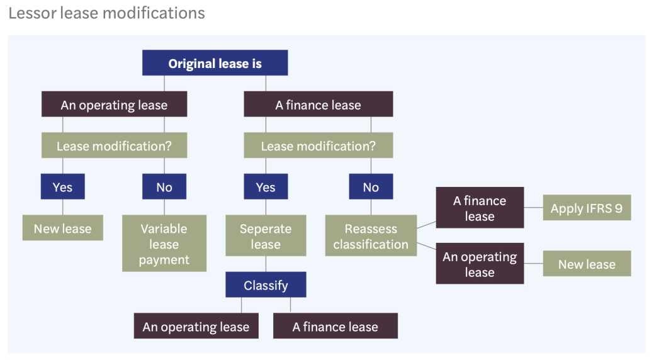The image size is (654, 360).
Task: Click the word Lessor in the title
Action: (31, 13)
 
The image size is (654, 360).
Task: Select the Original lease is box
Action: (215, 64)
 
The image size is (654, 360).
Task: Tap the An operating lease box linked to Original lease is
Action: (114, 104)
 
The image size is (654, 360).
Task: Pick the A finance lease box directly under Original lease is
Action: (318, 104)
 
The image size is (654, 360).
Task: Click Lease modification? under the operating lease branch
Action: (114, 146)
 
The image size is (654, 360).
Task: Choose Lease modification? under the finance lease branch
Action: (318, 146)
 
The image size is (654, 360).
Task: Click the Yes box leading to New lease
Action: (62, 187)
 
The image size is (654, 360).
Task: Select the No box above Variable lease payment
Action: (164, 187)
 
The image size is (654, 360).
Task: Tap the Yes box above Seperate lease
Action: (266, 187)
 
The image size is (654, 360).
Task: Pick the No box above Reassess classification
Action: (371, 187)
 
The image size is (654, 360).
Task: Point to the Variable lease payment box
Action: (164, 244)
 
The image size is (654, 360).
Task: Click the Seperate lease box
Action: (266, 236)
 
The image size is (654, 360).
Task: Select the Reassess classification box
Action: (371, 236)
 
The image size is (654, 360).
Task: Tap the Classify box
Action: (266, 285)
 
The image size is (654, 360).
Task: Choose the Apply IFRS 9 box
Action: (587, 208)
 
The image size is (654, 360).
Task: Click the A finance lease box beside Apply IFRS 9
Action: (480, 208)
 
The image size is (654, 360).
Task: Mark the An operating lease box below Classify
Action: (196, 327)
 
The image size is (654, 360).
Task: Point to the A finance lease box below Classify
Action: (335, 327)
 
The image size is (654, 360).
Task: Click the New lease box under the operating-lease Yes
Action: (62, 228)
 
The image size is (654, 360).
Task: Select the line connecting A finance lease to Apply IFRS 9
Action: (533, 208)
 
